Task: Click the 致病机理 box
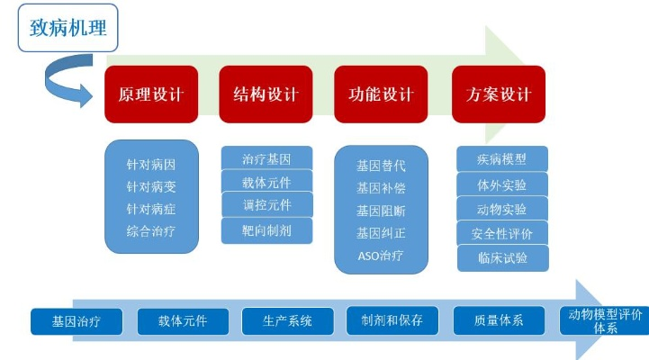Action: point(68,28)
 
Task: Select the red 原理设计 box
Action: point(151,94)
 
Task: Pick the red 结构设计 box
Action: point(266,94)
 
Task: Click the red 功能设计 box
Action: point(381,94)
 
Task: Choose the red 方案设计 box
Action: point(499,94)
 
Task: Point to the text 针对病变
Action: point(151,187)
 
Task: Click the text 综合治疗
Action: point(151,231)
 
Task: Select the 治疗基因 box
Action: point(266,157)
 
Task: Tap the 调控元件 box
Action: point(267,204)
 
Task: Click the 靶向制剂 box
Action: point(266,230)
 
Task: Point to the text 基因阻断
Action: point(381,211)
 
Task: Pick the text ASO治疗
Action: point(381,256)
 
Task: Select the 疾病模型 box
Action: point(502,158)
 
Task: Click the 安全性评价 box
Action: point(502,233)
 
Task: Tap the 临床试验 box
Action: point(503,258)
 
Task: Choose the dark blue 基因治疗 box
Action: point(77,321)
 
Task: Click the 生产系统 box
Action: point(287,321)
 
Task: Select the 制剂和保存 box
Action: point(392,320)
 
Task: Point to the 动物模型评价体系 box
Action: point(604,320)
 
